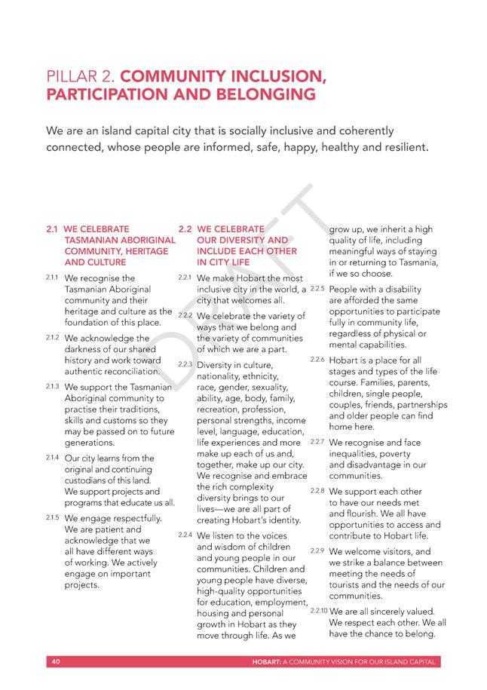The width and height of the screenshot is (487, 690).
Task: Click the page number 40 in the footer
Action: tap(56, 662)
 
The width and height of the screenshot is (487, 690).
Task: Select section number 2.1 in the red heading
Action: tap(53, 228)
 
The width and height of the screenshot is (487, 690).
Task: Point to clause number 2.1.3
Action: tap(53, 386)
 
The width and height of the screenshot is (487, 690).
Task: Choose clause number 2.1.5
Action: tap(53, 517)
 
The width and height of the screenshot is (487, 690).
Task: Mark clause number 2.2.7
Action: tap(317, 442)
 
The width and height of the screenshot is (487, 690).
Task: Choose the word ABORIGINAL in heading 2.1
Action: tap(139, 239)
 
